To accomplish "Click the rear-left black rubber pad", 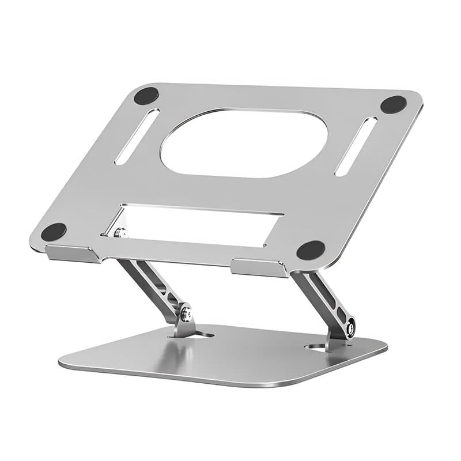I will (x=146, y=96).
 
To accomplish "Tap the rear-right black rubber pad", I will (x=394, y=104).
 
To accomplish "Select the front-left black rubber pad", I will (x=54, y=232).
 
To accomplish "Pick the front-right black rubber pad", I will (x=311, y=250).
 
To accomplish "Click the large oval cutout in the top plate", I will (x=244, y=143).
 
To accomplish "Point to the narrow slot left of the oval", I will (x=137, y=137).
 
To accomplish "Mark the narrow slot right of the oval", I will (x=356, y=146).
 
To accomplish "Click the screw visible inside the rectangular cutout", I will (x=120, y=233).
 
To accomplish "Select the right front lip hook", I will (x=259, y=268).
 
